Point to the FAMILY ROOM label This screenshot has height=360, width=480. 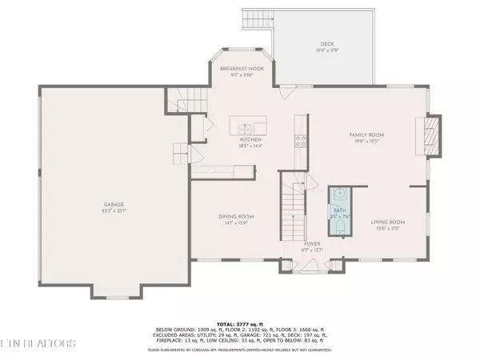click(369, 135)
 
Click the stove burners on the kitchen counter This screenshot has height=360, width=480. click(300, 141)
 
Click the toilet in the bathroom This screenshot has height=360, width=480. click(339, 229)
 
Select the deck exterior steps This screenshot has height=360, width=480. click(258, 20)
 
